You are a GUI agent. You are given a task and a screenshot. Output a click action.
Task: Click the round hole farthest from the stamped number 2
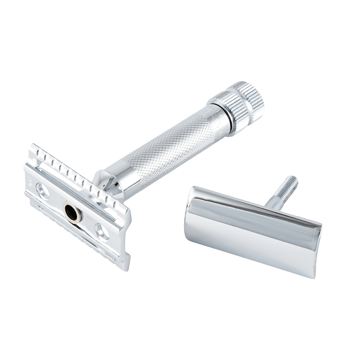[x=102, y=232]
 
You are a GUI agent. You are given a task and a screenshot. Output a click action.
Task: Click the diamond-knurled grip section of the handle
[x=169, y=148]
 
